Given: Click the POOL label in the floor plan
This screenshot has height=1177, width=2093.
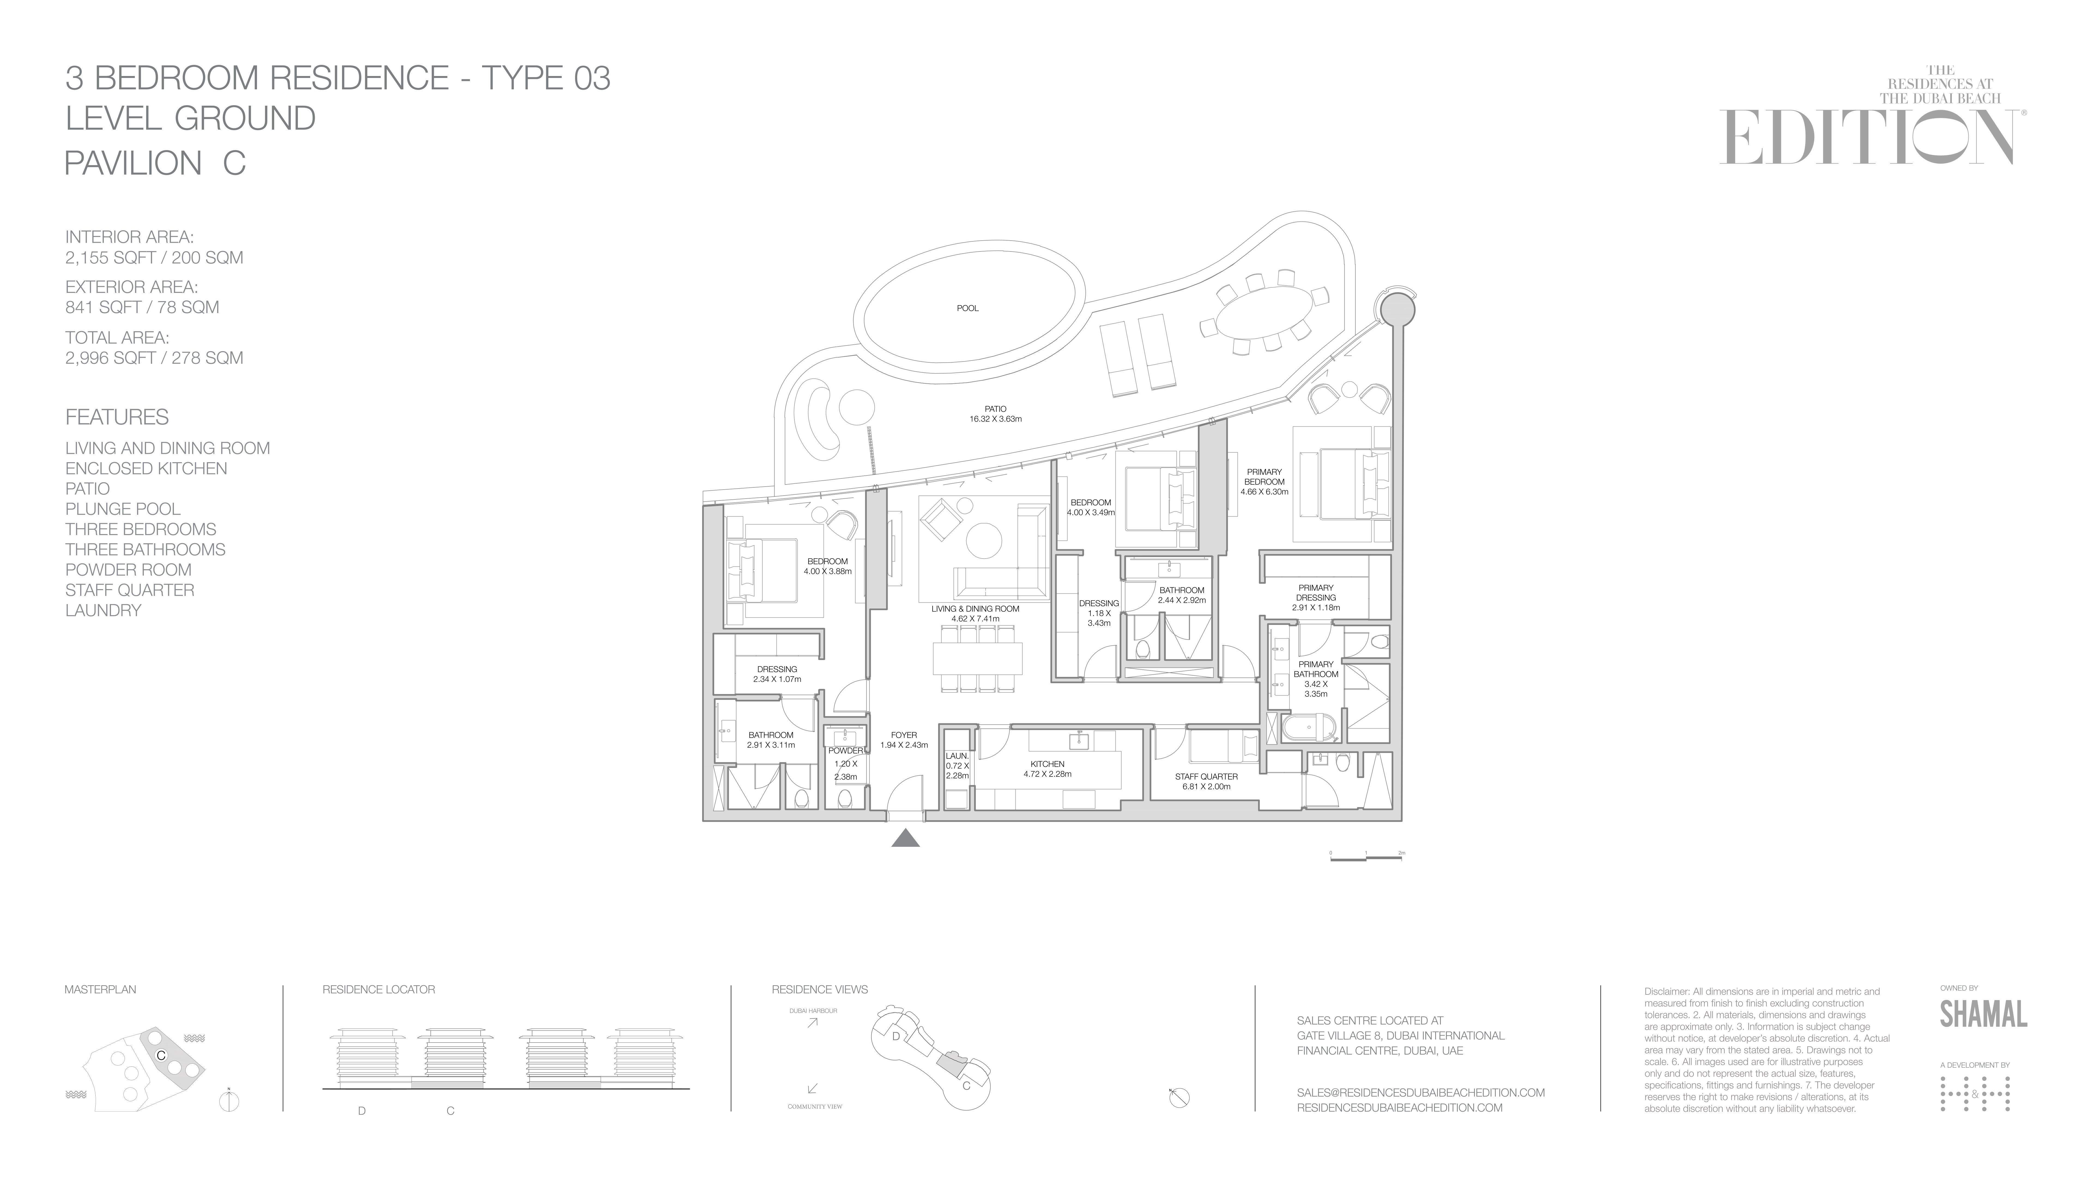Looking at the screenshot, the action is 968,309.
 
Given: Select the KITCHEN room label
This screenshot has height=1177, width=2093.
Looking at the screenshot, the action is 1047,764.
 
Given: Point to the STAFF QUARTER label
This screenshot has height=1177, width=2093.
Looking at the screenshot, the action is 1206,776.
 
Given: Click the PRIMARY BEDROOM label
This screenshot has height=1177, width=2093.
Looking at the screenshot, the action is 1264,477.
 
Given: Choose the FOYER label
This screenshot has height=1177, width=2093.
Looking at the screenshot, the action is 903,735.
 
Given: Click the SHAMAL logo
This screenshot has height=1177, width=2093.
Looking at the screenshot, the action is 1983,1014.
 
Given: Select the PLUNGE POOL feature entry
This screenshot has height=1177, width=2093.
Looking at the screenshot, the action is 123,509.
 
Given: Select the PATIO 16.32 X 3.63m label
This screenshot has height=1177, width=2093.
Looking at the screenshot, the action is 995,414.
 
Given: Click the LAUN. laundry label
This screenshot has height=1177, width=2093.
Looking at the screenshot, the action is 957,756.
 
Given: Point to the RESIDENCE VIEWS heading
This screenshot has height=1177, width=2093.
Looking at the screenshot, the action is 820,989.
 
